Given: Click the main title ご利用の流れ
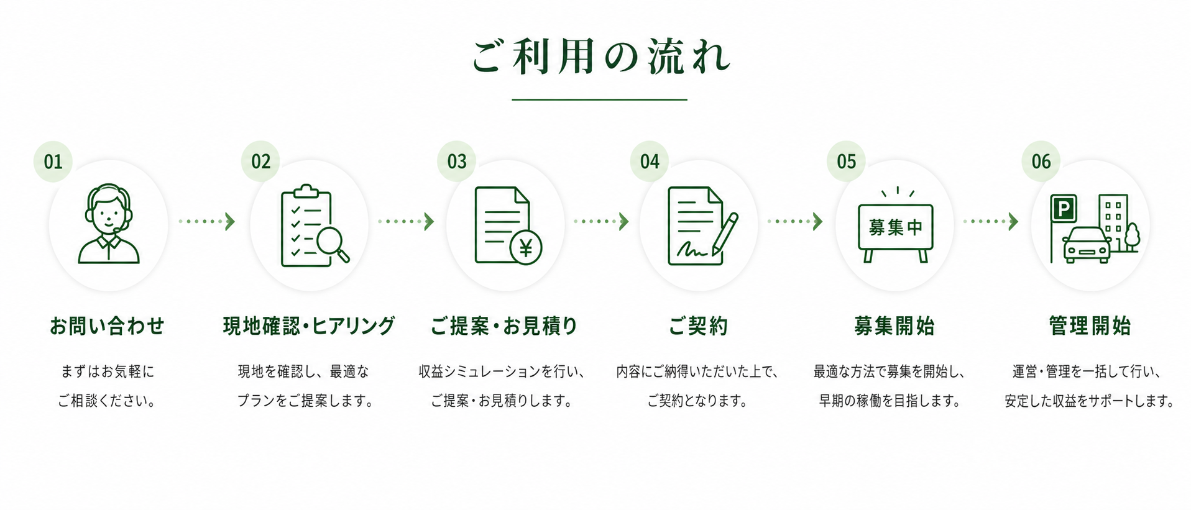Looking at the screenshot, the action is pyautogui.click(x=600, y=57).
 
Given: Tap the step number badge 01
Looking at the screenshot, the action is pyautogui.click(x=53, y=162).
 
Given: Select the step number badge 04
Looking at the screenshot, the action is pyautogui.click(x=650, y=162).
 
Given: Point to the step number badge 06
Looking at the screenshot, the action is pyautogui.click(x=1041, y=162).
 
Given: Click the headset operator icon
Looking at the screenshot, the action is pyautogui.click(x=109, y=224).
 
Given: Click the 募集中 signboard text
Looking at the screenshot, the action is pyautogui.click(x=896, y=227).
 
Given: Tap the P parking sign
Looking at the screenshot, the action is pyautogui.click(x=1064, y=208).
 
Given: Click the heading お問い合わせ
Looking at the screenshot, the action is pyautogui.click(x=108, y=326).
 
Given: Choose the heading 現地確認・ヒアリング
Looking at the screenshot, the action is pyautogui.click(x=309, y=326).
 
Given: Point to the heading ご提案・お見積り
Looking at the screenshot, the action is pyautogui.click(x=504, y=326).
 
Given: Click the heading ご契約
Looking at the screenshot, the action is pyautogui.click(x=698, y=326).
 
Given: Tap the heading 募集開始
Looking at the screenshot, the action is pyautogui.click(x=894, y=326).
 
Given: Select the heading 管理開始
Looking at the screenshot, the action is pyautogui.click(x=1090, y=326).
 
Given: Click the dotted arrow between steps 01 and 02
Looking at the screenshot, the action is pyautogui.click(x=207, y=222).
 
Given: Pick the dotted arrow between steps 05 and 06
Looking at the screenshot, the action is pyautogui.click(x=991, y=222).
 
